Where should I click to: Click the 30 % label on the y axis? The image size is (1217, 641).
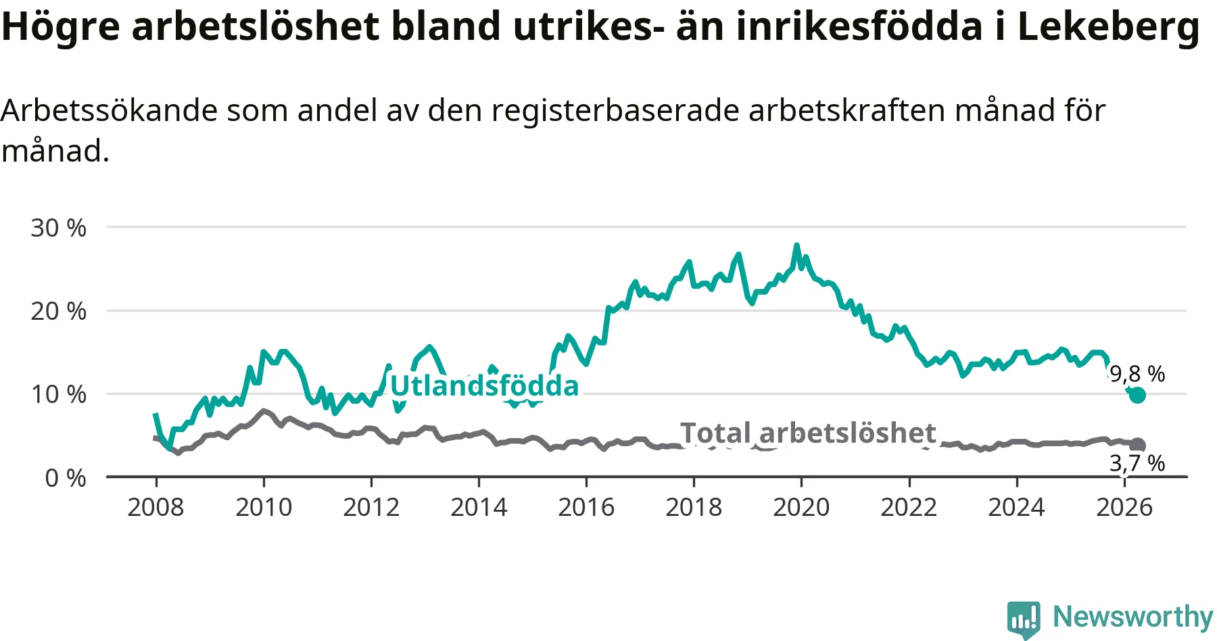(x=59, y=228)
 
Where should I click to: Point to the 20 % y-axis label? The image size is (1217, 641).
(x=59, y=311)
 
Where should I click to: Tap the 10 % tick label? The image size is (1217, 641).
(x=59, y=394)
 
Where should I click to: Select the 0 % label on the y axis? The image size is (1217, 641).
(x=66, y=478)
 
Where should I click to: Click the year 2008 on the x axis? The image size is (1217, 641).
(x=156, y=507)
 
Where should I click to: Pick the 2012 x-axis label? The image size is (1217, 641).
(x=371, y=507)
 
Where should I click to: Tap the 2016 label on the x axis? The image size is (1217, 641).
(x=586, y=507)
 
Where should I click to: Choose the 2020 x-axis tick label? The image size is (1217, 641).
(x=801, y=507)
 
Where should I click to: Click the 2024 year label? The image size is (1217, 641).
(x=1016, y=507)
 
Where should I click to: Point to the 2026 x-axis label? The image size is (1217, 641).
(x=1124, y=507)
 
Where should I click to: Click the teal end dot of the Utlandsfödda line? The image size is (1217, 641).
(x=1138, y=395)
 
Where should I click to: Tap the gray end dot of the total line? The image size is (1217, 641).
(x=1138, y=445)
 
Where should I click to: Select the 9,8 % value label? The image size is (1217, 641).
(x=1138, y=374)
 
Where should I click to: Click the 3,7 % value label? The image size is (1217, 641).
(x=1137, y=463)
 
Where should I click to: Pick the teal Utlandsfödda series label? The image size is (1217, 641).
(x=485, y=386)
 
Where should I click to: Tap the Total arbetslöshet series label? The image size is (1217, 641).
(x=808, y=433)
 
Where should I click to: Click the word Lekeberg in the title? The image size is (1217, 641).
(x=1109, y=27)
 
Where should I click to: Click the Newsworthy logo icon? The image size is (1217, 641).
(x=1024, y=619)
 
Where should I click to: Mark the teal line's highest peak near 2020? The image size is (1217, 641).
(x=796, y=245)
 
